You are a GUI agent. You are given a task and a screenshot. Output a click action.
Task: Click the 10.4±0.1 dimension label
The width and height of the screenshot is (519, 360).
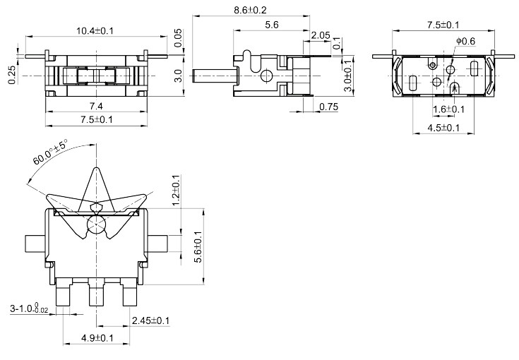click(x=96, y=30)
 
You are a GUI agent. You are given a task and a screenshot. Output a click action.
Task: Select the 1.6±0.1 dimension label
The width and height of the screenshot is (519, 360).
click(x=448, y=109)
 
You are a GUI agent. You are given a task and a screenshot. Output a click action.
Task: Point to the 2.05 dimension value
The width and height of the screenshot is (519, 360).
click(x=320, y=35)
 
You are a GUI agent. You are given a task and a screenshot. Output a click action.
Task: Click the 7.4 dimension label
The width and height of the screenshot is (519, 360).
click(x=96, y=106)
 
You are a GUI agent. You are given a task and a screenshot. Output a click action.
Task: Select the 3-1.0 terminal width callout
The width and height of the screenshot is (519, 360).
click(x=30, y=308)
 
